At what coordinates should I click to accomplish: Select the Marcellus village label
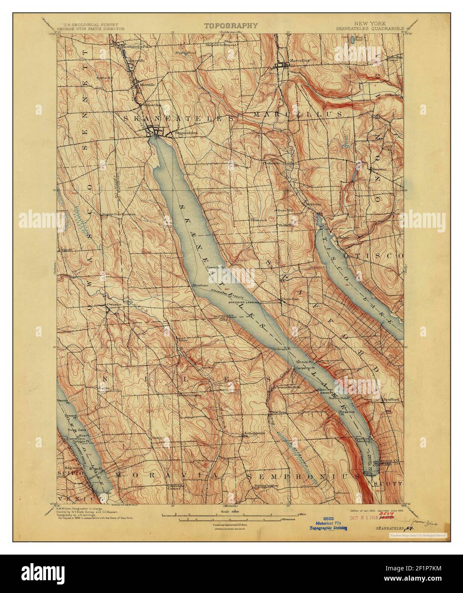pos(299,61)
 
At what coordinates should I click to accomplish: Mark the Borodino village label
pos(290,299)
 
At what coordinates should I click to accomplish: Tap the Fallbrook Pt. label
pos(279,349)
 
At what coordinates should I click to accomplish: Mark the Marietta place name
pos(313,204)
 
